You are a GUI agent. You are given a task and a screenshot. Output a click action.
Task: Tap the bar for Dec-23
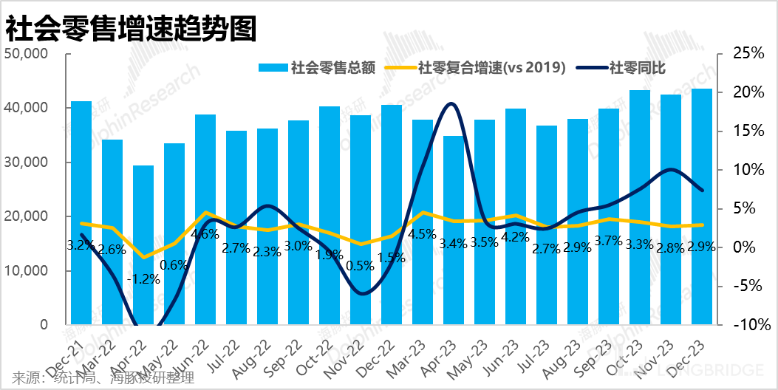click(x=702, y=207)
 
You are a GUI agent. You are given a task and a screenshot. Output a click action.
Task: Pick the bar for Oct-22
click(x=330, y=215)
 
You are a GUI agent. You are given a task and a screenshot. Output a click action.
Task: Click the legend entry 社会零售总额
click(x=317, y=69)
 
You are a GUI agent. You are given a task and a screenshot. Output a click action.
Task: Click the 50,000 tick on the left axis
click(x=26, y=54)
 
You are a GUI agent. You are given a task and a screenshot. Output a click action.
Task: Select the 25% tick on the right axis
click(x=747, y=54)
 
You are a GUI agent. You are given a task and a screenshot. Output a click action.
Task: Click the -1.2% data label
click(x=143, y=278)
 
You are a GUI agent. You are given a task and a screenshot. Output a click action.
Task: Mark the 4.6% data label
click(x=205, y=234)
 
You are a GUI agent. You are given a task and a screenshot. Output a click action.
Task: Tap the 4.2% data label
click(x=516, y=237)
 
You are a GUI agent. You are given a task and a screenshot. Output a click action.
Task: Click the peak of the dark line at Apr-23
click(x=452, y=104)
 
